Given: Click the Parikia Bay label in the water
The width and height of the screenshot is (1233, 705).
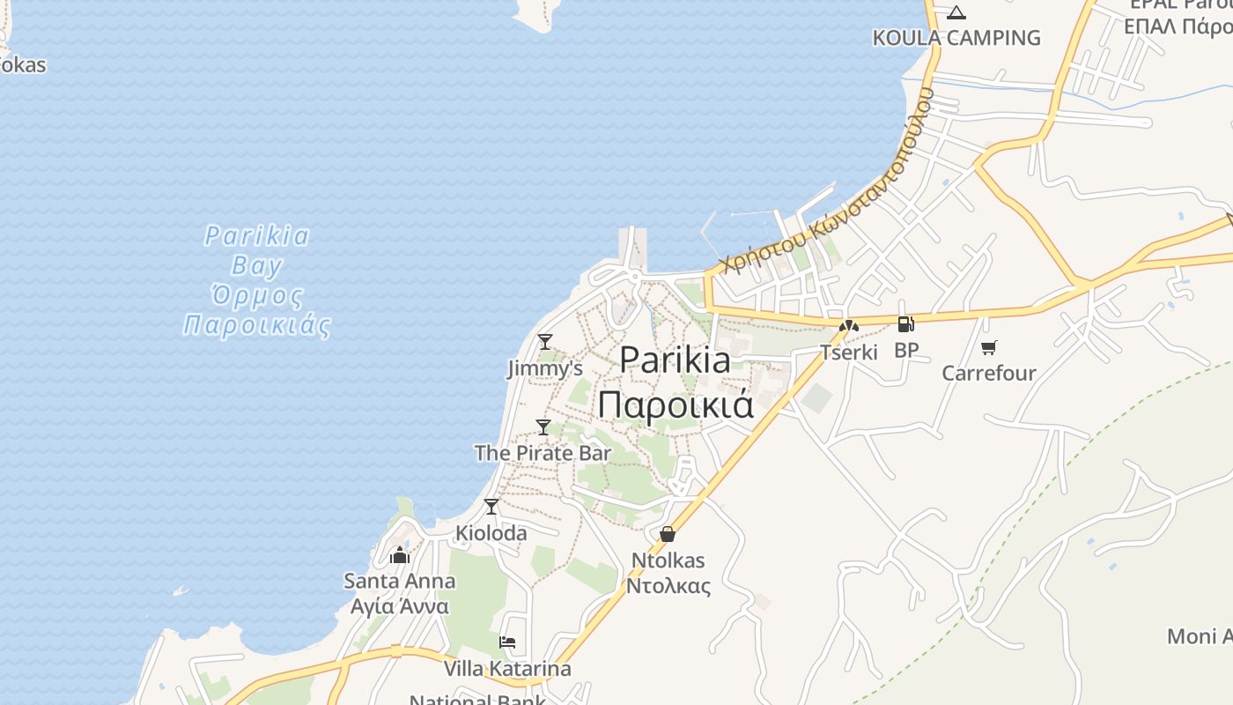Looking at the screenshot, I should coord(257,250).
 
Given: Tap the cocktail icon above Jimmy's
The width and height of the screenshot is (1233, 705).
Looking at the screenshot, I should coord(545,341).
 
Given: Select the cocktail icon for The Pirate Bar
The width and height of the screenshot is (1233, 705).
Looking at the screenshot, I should coord(543,427).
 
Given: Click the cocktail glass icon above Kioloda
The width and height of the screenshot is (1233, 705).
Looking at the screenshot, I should coord(491,507).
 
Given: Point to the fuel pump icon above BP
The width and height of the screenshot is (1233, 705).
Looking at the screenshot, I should coord(905,324).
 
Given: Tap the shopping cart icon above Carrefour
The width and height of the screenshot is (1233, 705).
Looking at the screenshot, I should coord(989,347).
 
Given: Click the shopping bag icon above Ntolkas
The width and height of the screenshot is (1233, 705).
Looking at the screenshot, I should coord(668,534).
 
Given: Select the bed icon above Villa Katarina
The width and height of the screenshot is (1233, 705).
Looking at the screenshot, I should coord(507,642).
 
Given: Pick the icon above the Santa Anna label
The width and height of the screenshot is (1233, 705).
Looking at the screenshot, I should coord(400,555).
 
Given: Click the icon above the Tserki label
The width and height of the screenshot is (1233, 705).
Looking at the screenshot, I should coord(849,326).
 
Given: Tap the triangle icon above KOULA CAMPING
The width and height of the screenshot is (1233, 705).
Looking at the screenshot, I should coord(956,12).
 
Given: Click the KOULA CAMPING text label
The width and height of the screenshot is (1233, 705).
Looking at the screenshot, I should coord(956,38).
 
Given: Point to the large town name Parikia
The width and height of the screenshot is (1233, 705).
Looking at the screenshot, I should coord(675,360).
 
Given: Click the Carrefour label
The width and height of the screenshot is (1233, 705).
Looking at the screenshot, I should coord(989,373).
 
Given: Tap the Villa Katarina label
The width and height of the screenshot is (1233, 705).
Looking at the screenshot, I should coord(507,669).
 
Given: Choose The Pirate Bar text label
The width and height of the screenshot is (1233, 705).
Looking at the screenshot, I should coord(543,453).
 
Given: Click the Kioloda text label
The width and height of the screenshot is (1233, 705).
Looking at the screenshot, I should coord(491,533).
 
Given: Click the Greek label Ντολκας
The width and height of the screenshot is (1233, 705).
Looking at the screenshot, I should coord(668,586).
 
